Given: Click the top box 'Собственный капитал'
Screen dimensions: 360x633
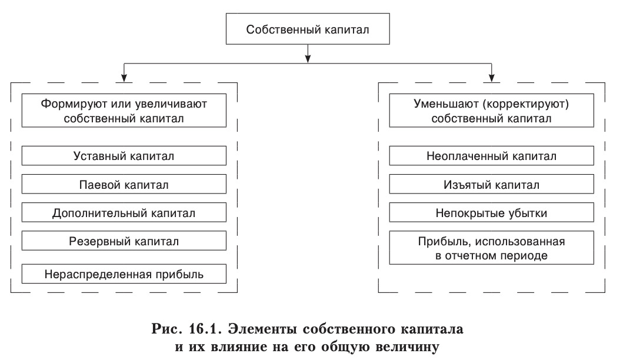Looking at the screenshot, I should pyautogui.click(x=308, y=29).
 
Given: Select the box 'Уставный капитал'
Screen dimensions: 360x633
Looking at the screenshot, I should pyautogui.click(x=124, y=156).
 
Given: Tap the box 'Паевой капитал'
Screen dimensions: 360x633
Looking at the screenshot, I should pyautogui.click(x=124, y=184).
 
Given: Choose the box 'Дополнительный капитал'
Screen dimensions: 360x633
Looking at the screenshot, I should pyautogui.click(x=124, y=212).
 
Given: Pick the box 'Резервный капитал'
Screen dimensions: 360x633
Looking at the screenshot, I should pyautogui.click(x=124, y=241).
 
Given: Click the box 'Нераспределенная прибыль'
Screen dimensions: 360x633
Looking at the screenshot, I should pyautogui.click(x=124, y=274).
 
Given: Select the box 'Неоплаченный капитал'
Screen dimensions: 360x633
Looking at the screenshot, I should pyautogui.click(x=491, y=156).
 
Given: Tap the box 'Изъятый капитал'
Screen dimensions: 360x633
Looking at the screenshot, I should pyautogui.click(x=491, y=184).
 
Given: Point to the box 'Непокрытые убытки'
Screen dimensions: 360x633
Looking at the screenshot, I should pyautogui.click(x=491, y=212).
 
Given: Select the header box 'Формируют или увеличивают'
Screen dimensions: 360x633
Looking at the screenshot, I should pyautogui.click(x=124, y=110).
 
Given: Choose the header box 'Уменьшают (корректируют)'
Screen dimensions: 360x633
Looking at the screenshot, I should pyautogui.click(x=491, y=110).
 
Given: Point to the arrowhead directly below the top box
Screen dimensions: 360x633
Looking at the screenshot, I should pyautogui.click(x=308, y=57).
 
